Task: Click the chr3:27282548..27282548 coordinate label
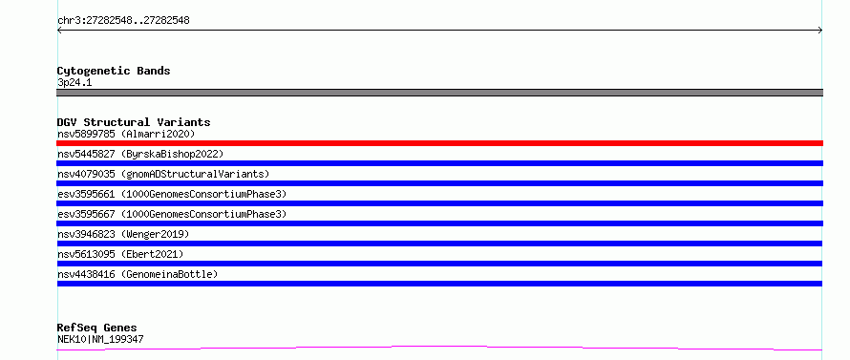(x=123, y=21)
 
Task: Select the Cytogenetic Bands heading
(x=114, y=71)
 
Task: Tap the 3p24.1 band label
(x=74, y=83)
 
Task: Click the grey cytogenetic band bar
(x=439, y=93)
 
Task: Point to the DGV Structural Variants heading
(x=134, y=122)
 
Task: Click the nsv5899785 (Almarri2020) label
(x=126, y=134)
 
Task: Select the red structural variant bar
(x=439, y=143)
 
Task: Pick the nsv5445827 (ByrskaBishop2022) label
(x=140, y=154)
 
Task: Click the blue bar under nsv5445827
(x=439, y=163)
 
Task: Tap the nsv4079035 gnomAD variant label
(x=163, y=174)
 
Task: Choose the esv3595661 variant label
(x=172, y=194)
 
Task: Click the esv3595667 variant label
(x=172, y=214)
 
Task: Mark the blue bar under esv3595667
(x=439, y=223)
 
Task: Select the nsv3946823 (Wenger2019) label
(x=123, y=234)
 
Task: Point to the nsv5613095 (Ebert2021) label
(x=120, y=254)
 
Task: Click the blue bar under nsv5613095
(x=439, y=264)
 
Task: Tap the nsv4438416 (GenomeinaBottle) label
(x=138, y=274)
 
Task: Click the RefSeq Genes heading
(x=97, y=328)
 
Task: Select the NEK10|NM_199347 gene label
(x=100, y=339)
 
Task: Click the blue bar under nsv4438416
(x=439, y=284)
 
